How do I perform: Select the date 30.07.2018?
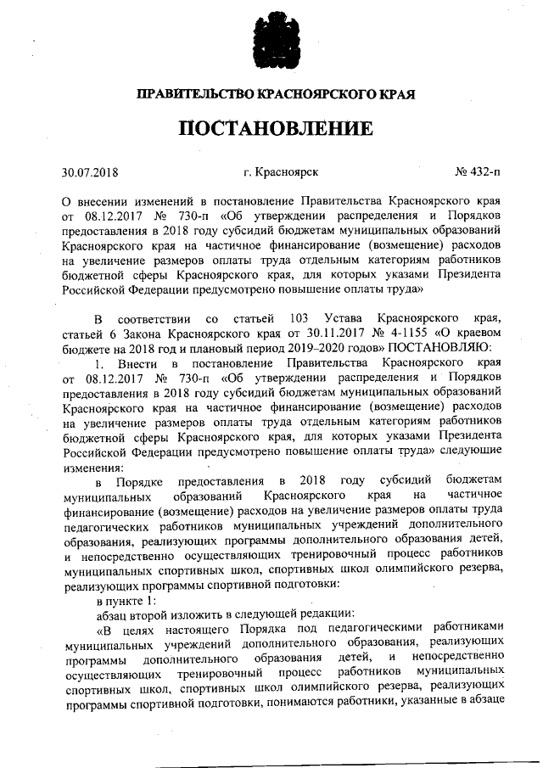click(90, 173)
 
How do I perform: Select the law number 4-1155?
click(414, 334)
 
